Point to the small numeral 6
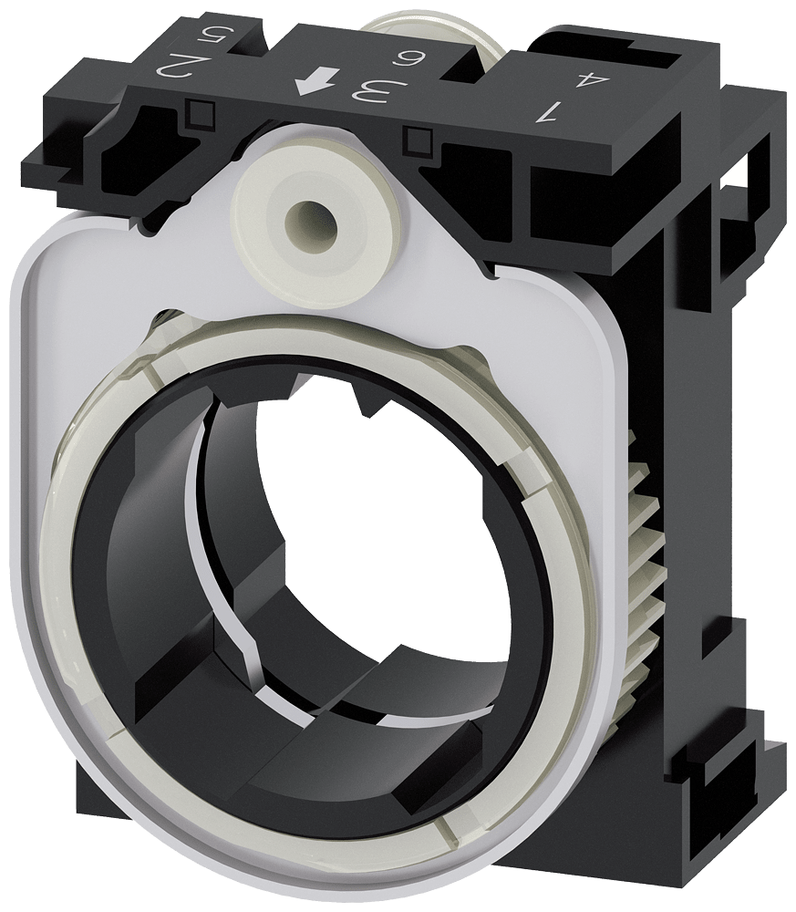click(402, 57)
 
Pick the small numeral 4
click(593, 79)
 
